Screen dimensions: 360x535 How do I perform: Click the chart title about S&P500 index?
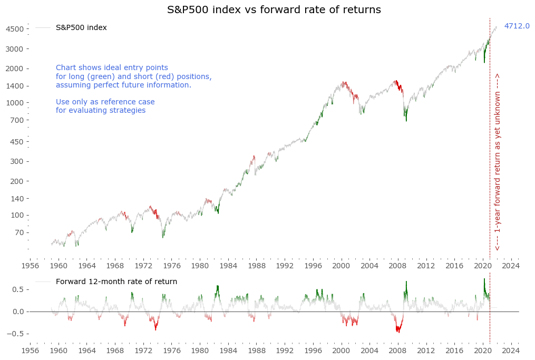tap(274, 10)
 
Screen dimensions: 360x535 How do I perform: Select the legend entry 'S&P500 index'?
tap(81, 27)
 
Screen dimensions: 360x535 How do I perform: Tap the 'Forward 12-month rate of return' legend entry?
tap(116, 281)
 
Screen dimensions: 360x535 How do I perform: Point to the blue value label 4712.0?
tap(517, 26)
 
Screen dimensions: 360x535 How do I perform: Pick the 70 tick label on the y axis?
tap(19, 232)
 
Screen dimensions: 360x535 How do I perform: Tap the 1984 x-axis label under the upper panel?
tap(228, 266)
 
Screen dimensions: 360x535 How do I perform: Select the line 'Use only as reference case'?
tap(105, 102)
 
